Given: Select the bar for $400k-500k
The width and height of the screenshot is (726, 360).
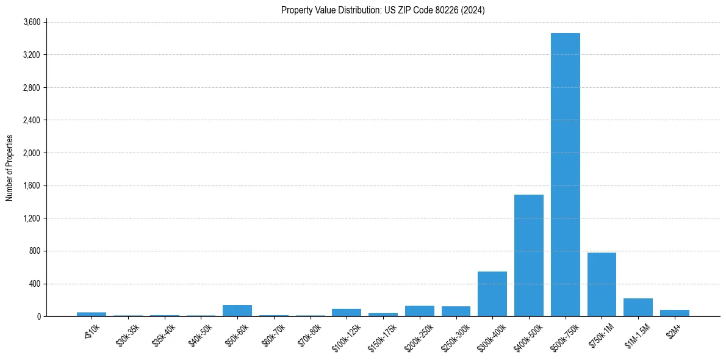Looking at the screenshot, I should [528, 255].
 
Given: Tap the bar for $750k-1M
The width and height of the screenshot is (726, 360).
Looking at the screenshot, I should [602, 284].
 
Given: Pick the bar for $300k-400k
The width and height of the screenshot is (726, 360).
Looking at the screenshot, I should [492, 293].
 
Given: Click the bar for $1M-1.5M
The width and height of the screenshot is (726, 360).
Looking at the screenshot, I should [638, 308].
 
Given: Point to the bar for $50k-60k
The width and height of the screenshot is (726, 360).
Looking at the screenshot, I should [237, 311].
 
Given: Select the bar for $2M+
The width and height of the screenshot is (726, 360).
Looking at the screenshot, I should [674, 313].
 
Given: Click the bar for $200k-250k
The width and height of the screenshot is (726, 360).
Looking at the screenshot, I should [419, 311].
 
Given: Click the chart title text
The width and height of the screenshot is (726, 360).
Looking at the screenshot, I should [383, 10].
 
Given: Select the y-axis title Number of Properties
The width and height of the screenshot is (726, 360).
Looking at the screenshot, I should [10, 168].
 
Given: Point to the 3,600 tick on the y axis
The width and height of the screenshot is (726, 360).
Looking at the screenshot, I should [31, 23].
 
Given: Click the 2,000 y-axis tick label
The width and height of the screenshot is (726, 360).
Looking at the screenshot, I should [31, 153].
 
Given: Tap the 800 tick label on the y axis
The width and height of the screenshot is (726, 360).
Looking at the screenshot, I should [35, 251].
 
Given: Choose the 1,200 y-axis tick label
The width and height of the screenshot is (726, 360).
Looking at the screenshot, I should [31, 218].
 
